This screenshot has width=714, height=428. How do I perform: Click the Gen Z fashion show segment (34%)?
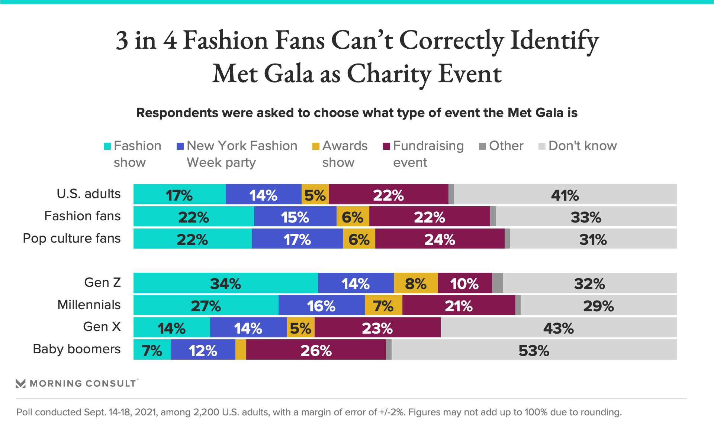coord(225,283)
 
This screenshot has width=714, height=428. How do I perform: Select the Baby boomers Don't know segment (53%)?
coord(534,350)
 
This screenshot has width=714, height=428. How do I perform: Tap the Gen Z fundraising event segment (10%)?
coord(464,283)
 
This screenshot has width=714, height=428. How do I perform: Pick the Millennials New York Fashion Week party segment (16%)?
coord(321,305)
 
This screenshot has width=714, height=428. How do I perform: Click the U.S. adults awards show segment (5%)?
coord(315,194)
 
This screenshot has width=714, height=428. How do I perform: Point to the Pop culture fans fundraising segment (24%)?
coord(440,239)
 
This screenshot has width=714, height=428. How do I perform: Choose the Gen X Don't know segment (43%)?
coord(558,327)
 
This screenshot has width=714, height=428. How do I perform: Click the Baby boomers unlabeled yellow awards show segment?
coord(241,350)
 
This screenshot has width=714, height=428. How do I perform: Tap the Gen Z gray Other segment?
coord(497,283)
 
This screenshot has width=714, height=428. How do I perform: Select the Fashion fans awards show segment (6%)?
coord(353,217)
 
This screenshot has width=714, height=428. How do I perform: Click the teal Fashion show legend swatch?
coord(107,146)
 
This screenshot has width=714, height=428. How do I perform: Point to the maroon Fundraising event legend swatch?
coord(386,146)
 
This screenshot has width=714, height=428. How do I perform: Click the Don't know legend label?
coord(582,146)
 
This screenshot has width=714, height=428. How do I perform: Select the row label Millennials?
coord(89,305)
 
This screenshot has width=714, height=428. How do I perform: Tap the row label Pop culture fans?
coord(72,238)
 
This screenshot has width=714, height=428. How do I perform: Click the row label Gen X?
coord(102,327)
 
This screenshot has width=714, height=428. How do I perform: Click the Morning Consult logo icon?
coord(21,383)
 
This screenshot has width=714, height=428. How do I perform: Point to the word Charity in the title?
coord(389,74)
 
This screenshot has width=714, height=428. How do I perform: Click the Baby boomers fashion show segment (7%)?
coord(152,350)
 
